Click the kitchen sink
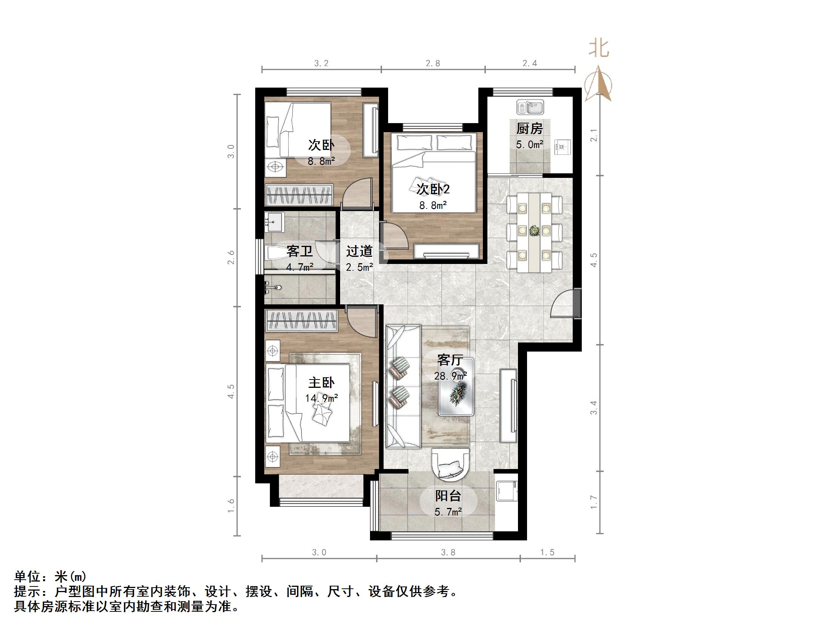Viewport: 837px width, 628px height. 530,107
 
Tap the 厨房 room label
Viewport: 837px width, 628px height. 529,129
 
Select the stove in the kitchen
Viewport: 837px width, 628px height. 562,147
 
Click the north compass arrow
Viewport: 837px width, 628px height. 598,84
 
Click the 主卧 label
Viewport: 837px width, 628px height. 321,383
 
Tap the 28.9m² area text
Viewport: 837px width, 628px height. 450,376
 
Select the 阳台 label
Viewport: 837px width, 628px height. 448,495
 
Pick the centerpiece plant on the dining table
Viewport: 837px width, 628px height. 534,230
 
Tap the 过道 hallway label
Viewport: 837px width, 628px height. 359,251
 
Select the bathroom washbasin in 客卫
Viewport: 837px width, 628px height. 274,222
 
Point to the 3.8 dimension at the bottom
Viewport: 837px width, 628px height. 448,553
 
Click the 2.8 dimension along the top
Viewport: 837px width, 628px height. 433,63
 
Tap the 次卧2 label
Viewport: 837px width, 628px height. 433,189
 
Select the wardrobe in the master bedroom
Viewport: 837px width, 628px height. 301,320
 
